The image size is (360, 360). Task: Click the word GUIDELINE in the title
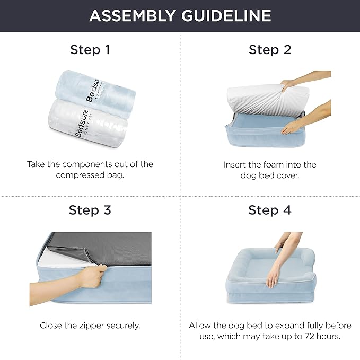226,16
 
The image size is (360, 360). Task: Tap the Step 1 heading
90,50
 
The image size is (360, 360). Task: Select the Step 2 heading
270,50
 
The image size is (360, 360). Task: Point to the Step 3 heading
90,210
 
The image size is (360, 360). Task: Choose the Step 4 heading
270,210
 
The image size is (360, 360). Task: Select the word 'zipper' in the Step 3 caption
91,326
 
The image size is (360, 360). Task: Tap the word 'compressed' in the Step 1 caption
79,175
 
